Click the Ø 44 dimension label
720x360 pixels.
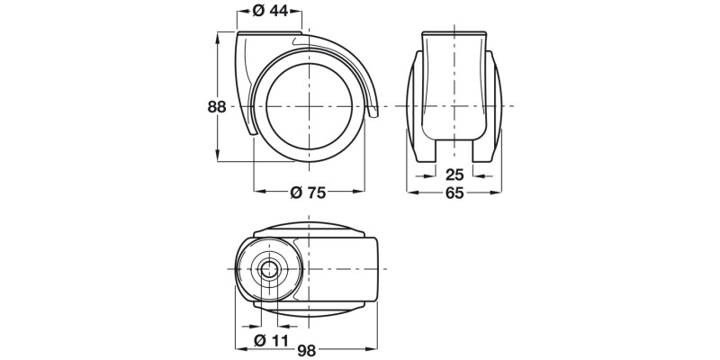click(270, 12)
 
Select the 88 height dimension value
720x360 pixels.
click(216, 106)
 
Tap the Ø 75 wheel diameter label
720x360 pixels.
click(308, 192)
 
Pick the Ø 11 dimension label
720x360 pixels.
click(269, 339)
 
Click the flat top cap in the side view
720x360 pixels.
click(270, 33)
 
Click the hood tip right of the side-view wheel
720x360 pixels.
click(373, 112)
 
